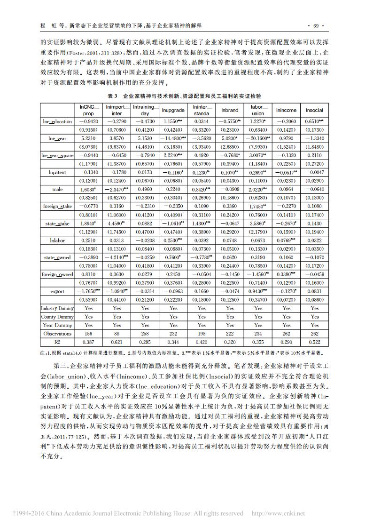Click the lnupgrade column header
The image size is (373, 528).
pyautogui.click(x=173, y=111)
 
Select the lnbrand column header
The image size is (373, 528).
pyautogui.click(x=230, y=111)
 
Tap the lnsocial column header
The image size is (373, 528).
pyautogui.click(x=315, y=111)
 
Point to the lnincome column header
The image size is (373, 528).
pyautogui.click(x=286, y=111)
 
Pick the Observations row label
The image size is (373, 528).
pyautogui.click(x=57, y=334)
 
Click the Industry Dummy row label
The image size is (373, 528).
pyautogui.click(x=57, y=308)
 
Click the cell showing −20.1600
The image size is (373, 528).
pyautogui.click(x=257, y=138)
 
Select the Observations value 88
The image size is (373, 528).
pyautogui.click(x=117, y=334)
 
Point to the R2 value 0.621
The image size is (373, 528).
pyautogui.click(x=117, y=342)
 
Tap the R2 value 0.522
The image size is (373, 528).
pyautogui.click(x=315, y=342)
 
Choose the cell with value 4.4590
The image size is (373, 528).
pyautogui.click(x=116, y=223)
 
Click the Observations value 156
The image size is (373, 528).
pyautogui.click(x=88, y=334)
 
